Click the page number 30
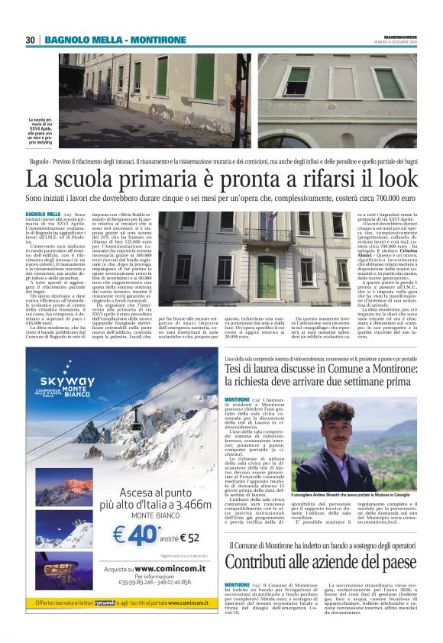click(31, 40)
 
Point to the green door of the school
click(267, 276)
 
